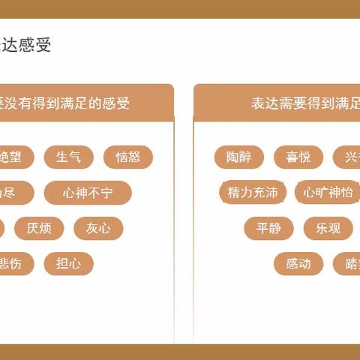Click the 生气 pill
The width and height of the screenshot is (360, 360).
pyautogui.click(x=68, y=157)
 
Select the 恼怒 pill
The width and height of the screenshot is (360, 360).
pyautogui.click(x=127, y=157)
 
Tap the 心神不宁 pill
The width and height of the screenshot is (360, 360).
pyautogui.click(x=88, y=193)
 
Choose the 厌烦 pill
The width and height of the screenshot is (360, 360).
pyautogui.click(x=39, y=228)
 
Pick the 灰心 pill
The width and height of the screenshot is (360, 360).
pyautogui.click(x=98, y=228)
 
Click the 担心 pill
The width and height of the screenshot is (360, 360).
pyautogui.click(x=68, y=263)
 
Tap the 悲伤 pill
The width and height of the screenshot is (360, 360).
pyautogui.click(x=13, y=263)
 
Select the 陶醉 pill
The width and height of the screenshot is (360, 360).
pyautogui.click(x=238, y=157)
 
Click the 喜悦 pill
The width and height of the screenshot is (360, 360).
pyautogui.click(x=298, y=157)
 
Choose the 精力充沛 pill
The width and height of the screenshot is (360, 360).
pyautogui.click(x=253, y=193)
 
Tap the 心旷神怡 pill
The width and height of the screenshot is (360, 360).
pyautogui.click(x=328, y=193)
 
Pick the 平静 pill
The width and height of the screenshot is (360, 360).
pyautogui.click(x=268, y=228)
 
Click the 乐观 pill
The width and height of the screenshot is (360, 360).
pyautogui.click(x=328, y=228)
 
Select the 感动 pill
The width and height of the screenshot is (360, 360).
pyautogui.click(x=298, y=263)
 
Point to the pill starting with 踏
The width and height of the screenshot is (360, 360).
pyautogui.click(x=349, y=263)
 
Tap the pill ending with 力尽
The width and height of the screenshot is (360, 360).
pyautogui.click(x=11, y=193)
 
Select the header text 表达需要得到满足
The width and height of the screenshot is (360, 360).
pyautogui.click(x=304, y=103)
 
